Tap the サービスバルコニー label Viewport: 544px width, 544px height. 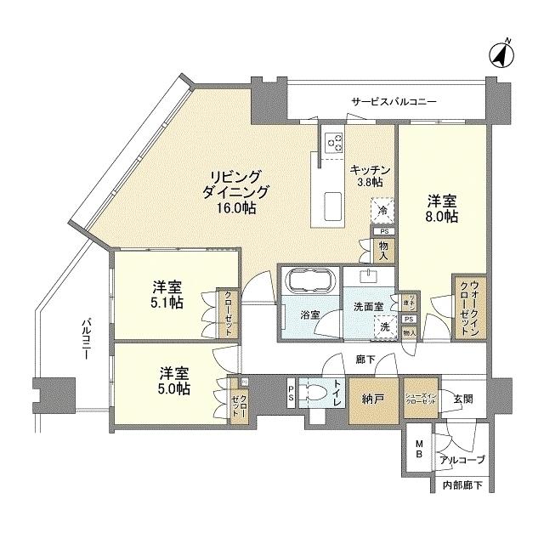point(394,102)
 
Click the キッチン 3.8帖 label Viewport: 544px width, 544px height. point(370,175)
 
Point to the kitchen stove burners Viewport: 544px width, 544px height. point(332,140)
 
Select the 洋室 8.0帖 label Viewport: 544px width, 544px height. point(441,209)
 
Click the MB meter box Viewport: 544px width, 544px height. point(420,450)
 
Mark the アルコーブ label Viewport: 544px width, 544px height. point(462,460)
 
